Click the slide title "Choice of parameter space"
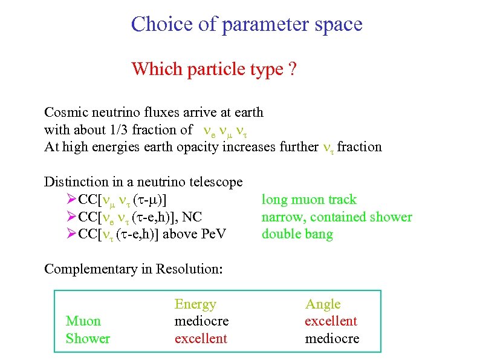[x=247, y=24]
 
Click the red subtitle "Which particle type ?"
[x=213, y=69]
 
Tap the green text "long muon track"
[x=308, y=200]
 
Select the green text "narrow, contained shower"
[x=336, y=217]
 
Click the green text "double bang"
[x=297, y=234]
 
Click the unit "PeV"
[x=213, y=234]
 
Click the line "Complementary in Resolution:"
[x=134, y=269]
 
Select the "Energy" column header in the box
[x=195, y=304]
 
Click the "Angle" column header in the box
[x=323, y=304]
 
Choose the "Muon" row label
[x=83, y=321]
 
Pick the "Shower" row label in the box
[x=88, y=339]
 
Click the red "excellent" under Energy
[x=201, y=339]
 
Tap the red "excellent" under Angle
[x=331, y=321]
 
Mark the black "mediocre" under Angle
[x=332, y=339]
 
